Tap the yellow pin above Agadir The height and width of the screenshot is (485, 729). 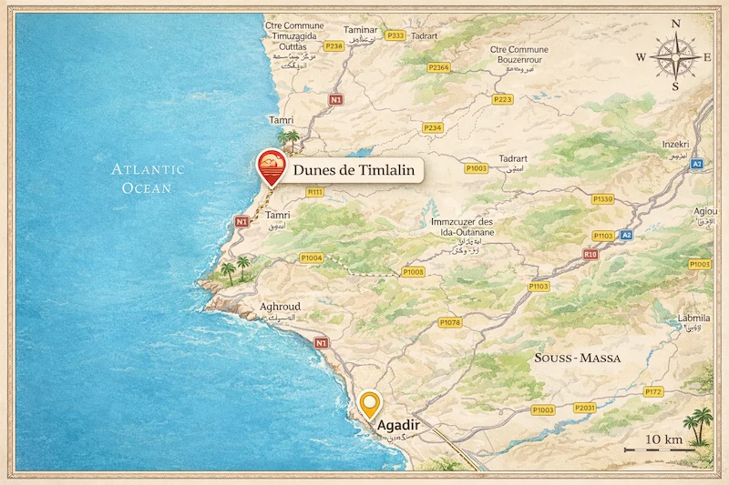[x=369, y=403]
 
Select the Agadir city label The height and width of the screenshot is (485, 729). [x=397, y=424]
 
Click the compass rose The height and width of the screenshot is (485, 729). [x=675, y=55]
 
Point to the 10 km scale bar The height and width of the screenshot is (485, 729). [x=653, y=450]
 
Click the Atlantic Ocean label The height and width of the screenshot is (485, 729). [x=148, y=178]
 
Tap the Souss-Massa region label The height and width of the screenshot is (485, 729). [x=578, y=359]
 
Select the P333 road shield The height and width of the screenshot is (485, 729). [x=395, y=35]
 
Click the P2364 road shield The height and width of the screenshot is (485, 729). [x=439, y=67]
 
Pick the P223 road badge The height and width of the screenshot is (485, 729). [x=502, y=99]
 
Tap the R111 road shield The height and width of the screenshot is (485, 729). [x=315, y=192]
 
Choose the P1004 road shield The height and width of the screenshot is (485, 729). [x=312, y=258]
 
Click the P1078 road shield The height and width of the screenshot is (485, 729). [x=449, y=322]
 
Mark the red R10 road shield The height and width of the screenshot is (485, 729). [x=590, y=254]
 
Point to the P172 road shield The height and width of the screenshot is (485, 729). [x=653, y=392]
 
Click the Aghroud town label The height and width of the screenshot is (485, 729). [x=280, y=307]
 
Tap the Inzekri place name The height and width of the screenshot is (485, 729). [x=673, y=145]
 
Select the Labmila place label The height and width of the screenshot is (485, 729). [x=693, y=318]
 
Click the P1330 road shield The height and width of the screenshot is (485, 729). [x=602, y=198]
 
